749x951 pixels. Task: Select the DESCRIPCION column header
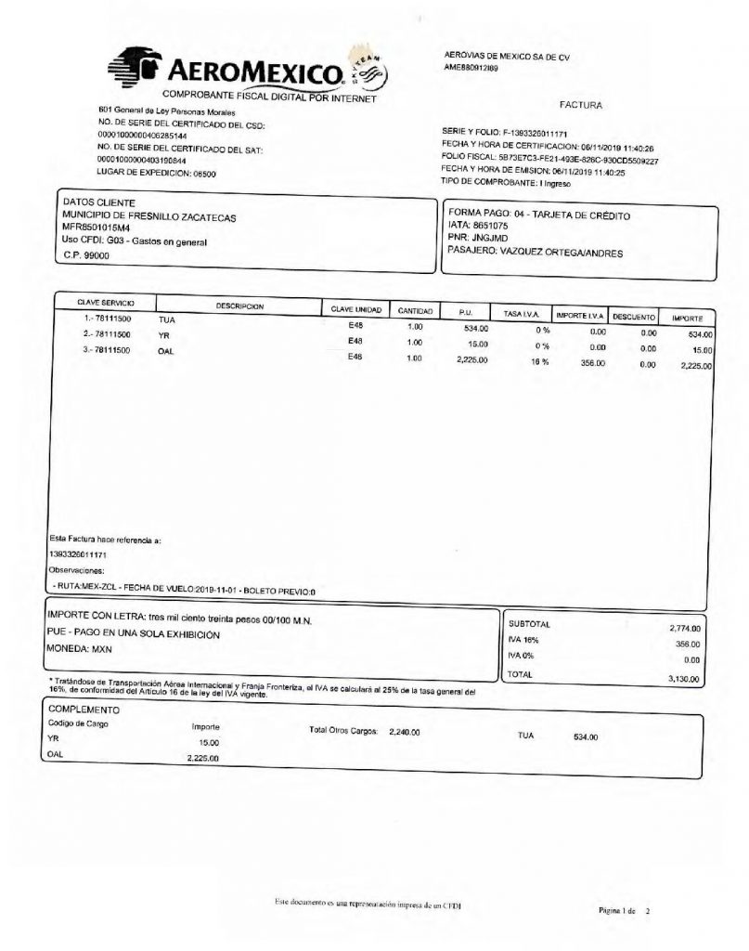(x=240, y=306)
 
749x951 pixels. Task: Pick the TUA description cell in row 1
(x=167, y=319)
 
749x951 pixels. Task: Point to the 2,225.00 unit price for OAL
(x=472, y=359)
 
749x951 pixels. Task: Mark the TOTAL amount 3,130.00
(x=687, y=679)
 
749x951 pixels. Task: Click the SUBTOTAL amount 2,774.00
(x=688, y=629)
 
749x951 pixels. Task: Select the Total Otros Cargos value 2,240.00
(x=405, y=732)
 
